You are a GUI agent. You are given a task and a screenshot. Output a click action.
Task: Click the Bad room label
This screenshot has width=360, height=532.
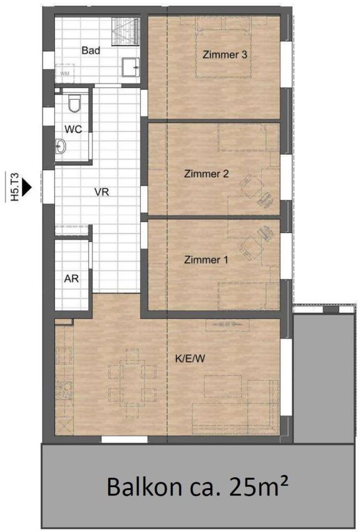coord(91,51)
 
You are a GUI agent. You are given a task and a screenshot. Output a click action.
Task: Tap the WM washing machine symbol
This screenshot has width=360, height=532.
coord(64,73)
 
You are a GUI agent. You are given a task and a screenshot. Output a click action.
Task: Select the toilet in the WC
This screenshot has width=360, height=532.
coord(74,103)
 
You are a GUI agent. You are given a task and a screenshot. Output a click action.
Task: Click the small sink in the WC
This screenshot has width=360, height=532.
coord(60,146)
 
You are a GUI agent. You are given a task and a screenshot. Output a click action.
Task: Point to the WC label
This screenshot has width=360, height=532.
coord(73,130)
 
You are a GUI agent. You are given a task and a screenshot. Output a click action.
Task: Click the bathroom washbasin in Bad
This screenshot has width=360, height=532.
coord(131,67)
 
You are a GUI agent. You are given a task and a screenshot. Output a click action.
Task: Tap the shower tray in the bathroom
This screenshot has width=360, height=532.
coord(126,31)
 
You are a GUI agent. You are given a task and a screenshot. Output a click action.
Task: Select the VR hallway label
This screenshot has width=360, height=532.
coord(102,192)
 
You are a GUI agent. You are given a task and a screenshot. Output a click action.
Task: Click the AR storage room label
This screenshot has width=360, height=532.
coord(71,279)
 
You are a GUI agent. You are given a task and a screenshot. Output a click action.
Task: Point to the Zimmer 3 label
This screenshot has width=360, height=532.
coord(225,54)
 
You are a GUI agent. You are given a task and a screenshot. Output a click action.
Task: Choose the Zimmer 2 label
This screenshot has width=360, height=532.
coord(207,174)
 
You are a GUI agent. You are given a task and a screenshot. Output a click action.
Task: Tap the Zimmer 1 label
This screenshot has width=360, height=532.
coord(206,260)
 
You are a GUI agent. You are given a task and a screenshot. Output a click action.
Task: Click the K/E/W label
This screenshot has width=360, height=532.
coord(190,358)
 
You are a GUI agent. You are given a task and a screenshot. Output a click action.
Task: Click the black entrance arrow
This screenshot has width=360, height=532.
coord(26,187)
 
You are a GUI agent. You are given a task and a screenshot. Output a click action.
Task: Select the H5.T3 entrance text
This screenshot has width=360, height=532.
coord(14,187)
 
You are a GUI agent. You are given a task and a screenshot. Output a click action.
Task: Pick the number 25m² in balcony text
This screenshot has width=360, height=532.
coord(259,486)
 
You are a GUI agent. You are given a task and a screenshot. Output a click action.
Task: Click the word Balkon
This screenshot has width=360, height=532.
coord(144,486)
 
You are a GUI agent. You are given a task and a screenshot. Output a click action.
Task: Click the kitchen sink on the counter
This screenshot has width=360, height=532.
coord(64,390)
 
